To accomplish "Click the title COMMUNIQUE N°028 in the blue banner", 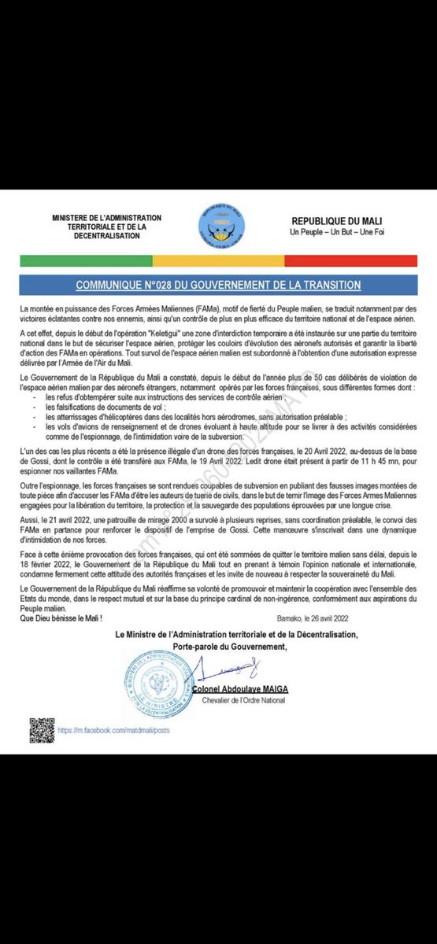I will pos(218,285).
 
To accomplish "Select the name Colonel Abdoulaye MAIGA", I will pos(240,689).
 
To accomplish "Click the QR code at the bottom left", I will pos(42,728).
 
